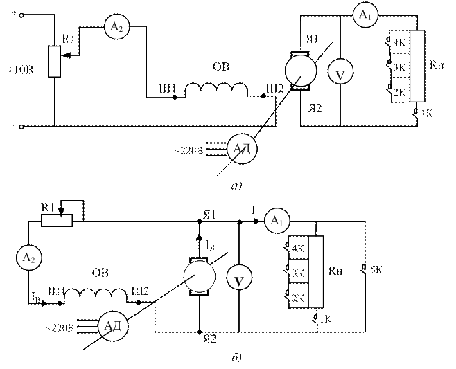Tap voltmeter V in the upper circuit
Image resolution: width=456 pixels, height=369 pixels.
tap(340, 75)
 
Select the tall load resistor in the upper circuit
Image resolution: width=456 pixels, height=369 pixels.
tap(417, 66)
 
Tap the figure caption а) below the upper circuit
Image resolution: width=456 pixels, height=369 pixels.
tap(236, 185)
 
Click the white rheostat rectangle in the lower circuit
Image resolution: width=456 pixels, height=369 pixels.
tap(57, 220)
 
